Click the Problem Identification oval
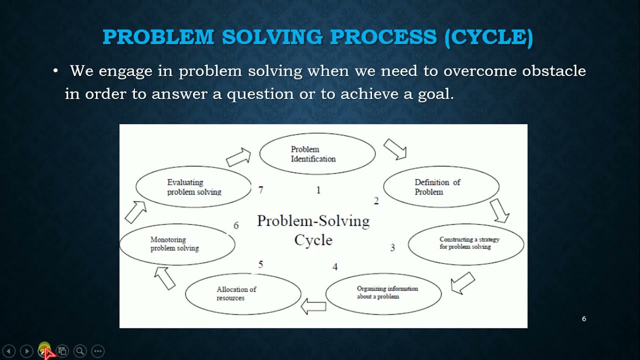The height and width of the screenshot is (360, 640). click(317, 154)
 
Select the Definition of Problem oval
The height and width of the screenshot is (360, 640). click(441, 187)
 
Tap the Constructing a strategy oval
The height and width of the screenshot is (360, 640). click(466, 244)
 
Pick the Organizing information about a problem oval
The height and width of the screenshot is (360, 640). click(383, 293)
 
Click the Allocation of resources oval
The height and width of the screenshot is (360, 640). click(243, 294)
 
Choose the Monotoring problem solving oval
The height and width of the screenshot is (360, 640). click(177, 244)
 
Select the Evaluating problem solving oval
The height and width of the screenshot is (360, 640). click(193, 187)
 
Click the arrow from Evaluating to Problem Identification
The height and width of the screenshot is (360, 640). click(238, 157)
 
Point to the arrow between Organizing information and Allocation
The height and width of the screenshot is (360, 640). click(313, 305)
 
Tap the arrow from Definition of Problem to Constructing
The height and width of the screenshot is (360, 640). click(499, 210)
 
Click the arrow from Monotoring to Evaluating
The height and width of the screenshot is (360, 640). click(135, 212)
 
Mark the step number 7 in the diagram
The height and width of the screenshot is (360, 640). click(260, 190)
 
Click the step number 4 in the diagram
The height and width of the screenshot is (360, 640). click(335, 267)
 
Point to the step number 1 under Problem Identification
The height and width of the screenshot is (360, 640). click(318, 190)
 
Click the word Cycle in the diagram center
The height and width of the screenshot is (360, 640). click(313, 240)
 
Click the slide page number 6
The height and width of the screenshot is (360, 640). click(583, 319)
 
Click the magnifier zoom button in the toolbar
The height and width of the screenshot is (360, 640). click(80, 351)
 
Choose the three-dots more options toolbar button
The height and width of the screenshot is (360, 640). click(98, 351)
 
